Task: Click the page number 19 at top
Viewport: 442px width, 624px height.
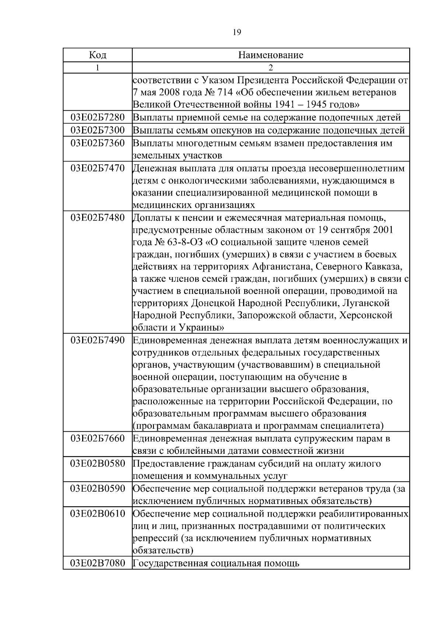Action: click(x=237, y=33)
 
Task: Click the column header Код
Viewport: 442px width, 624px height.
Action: click(x=98, y=55)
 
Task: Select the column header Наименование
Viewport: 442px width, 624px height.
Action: click(x=271, y=55)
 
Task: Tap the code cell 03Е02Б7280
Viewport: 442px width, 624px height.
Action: click(x=98, y=118)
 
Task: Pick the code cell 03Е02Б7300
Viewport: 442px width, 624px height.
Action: click(x=98, y=130)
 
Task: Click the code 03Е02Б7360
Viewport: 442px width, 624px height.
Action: click(x=98, y=143)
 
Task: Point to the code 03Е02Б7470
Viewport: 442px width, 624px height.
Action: click(x=98, y=168)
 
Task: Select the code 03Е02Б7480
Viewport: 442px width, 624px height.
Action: click(x=98, y=217)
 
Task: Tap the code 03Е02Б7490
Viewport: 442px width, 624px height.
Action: click(x=98, y=340)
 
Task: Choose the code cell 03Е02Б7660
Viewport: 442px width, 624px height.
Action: click(x=98, y=438)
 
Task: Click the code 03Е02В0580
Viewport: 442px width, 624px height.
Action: click(x=98, y=463)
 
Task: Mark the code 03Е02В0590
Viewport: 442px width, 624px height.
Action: click(x=98, y=489)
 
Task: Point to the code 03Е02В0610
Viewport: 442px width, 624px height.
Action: click(x=98, y=514)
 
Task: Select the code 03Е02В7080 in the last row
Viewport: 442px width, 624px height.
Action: click(x=98, y=563)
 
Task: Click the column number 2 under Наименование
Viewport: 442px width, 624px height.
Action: click(x=271, y=68)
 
